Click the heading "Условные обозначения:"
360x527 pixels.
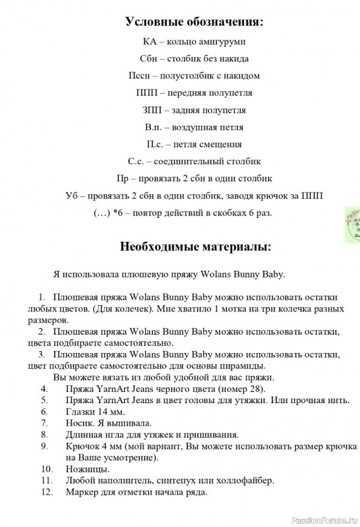point(195,22)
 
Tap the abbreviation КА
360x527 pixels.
point(150,42)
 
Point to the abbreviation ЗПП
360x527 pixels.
point(152,110)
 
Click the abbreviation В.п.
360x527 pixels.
point(153,127)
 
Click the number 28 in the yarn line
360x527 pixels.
point(239,389)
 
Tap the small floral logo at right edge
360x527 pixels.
point(353,225)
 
